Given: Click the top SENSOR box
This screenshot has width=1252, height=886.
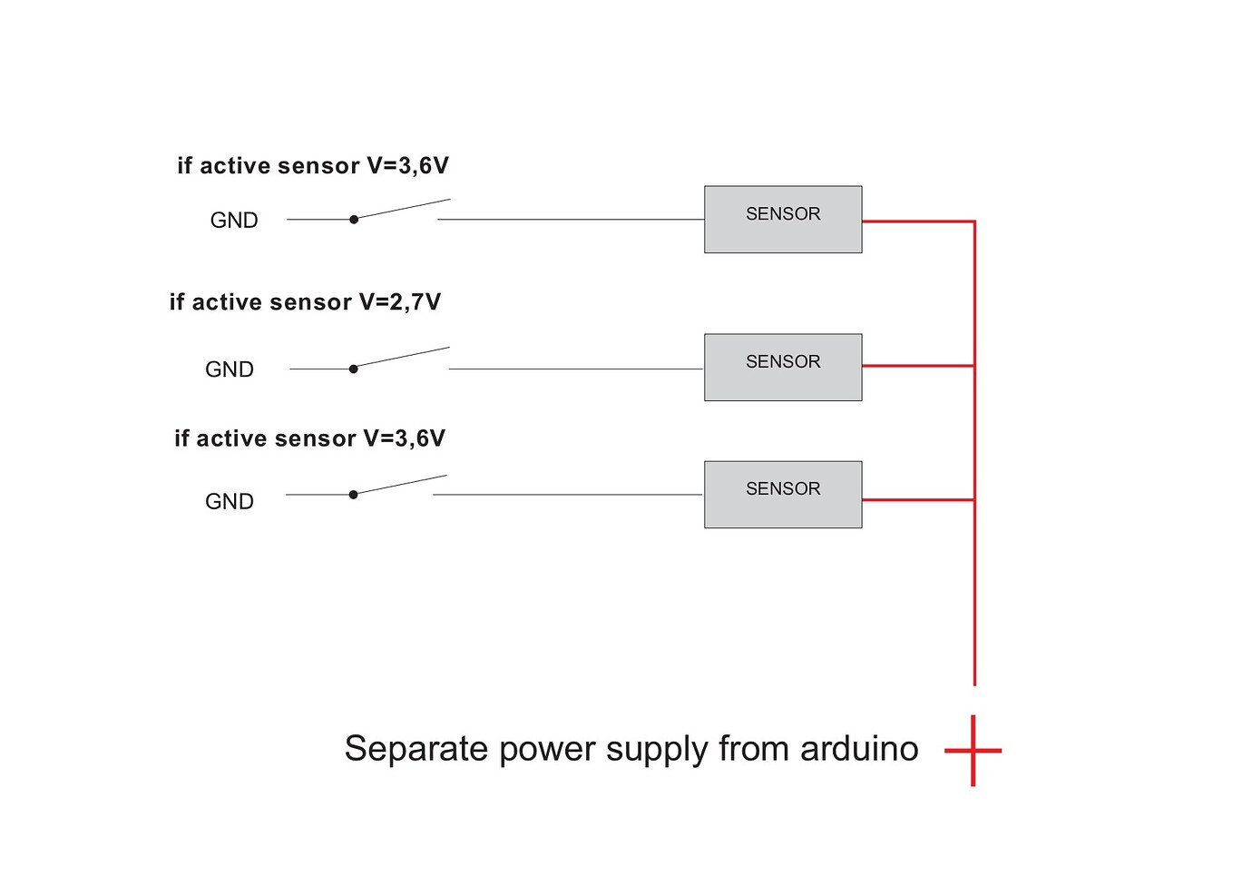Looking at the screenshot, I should pos(783,220).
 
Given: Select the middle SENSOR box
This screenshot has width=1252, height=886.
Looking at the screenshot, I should pos(783,367).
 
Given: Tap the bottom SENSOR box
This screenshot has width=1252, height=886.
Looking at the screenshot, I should pos(783,495).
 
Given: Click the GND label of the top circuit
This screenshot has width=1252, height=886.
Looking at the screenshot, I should pos(234,221).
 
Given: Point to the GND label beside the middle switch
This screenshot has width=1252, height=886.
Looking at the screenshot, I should pos(230,369).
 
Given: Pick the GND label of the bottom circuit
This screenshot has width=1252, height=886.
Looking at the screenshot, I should pos(230,502).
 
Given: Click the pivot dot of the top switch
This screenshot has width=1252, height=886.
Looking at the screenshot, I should pos(354,219).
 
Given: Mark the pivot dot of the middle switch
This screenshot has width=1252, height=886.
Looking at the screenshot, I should pos(353,369).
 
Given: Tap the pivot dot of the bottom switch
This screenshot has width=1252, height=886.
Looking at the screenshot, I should pos(353,495).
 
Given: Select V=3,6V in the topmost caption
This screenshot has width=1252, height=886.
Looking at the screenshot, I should pos(407,166).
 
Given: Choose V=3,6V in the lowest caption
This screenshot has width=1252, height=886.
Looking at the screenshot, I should pos(405,438).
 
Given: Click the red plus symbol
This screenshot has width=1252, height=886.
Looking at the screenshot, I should pos(973,751).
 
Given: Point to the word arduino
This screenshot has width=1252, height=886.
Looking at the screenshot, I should pos(859,749).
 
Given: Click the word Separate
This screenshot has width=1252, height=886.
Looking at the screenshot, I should pos(416,750).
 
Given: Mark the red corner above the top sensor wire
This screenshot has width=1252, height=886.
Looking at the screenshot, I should pos(974,221).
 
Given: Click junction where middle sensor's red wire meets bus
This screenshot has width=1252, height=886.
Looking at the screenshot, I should pos(974,366).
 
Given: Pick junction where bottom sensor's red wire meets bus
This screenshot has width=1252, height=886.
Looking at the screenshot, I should pos(974,499).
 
